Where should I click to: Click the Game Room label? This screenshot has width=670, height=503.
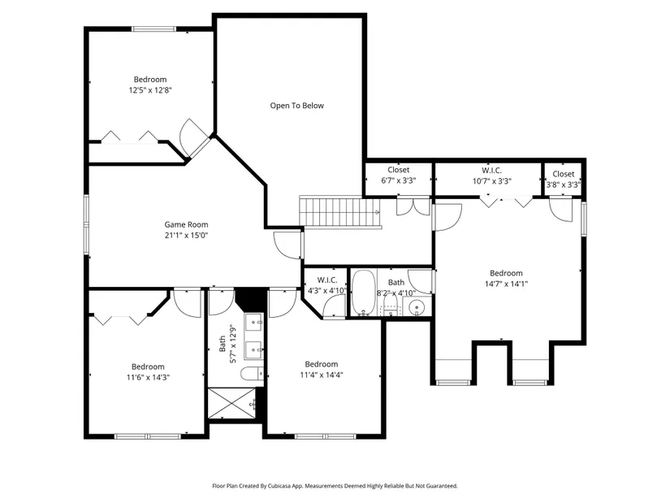pyautogui.click(x=186, y=224)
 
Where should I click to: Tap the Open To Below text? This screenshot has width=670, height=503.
pyautogui.click(x=297, y=106)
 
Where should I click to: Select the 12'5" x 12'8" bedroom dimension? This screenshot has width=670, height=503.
pyautogui.click(x=150, y=90)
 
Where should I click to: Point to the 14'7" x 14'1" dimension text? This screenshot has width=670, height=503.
pyautogui.click(x=506, y=284)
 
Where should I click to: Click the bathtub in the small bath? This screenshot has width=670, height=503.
pyautogui.click(x=364, y=293)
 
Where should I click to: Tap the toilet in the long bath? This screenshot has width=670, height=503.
pyautogui.click(x=252, y=374)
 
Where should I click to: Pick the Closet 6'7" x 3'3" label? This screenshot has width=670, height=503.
pyautogui.click(x=399, y=176)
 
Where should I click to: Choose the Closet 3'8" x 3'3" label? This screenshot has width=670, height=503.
pyautogui.click(x=563, y=180)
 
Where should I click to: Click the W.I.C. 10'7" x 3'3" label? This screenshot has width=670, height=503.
pyautogui.click(x=492, y=176)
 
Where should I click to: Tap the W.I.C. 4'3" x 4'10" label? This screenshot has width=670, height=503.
pyautogui.click(x=327, y=286)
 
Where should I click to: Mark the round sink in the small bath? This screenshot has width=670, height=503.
pyautogui.click(x=416, y=307)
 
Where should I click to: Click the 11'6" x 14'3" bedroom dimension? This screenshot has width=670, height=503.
pyautogui.click(x=149, y=378)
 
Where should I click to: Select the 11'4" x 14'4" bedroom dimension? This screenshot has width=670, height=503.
pyautogui.click(x=322, y=375)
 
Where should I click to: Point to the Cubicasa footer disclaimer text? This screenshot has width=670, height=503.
pyautogui.click(x=335, y=486)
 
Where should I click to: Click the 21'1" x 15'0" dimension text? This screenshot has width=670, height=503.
pyautogui.click(x=186, y=235)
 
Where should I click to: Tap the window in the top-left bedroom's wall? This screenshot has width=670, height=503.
pyautogui.click(x=153, y=29)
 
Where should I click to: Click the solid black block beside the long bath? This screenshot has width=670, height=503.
pyautogui.click(x=250, y=298)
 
